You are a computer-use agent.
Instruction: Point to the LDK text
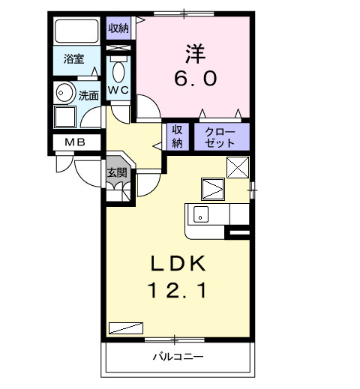click(180, 264)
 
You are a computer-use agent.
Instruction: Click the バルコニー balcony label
click(179, 357)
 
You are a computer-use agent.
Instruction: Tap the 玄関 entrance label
click(116, 172)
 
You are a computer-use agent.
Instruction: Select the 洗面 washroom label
click(88, 95)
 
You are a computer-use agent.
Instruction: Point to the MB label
click(73, 142)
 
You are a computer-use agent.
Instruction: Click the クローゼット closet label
click(220, 137)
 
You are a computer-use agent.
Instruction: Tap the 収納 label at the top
click(118, 28)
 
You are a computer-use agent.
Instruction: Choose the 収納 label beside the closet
click(178, 136)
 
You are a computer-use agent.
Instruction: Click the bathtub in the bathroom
click(77, 33)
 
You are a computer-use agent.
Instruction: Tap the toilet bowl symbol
click(118, 73)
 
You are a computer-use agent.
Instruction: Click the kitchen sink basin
click(201, 214)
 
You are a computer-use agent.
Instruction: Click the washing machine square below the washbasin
click(65, 118)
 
